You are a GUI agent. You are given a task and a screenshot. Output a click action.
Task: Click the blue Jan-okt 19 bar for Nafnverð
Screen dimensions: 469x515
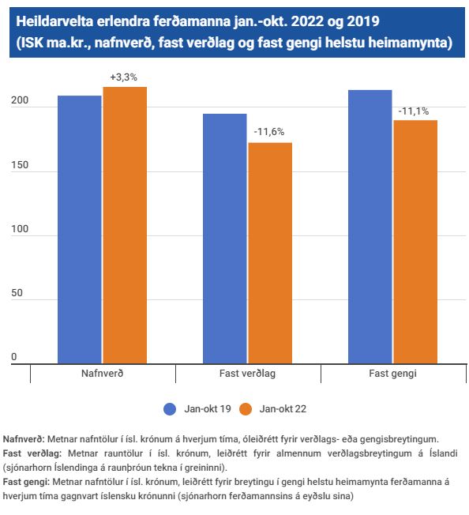tap(80, 230)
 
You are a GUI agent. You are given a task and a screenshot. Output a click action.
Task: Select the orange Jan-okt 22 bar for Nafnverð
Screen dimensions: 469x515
tap(125, 225)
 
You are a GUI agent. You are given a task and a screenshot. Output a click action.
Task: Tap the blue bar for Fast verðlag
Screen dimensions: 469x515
tap(225, 239)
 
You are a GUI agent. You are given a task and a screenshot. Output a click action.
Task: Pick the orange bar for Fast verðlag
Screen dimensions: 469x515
tap(270, 254)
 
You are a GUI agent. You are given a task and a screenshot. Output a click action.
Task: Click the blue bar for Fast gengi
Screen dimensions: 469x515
tap(370, 227)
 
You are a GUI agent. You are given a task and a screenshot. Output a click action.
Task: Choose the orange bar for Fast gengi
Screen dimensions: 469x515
tap(415, 242)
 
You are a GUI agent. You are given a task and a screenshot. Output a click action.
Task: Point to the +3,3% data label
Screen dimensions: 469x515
tap(123, 77)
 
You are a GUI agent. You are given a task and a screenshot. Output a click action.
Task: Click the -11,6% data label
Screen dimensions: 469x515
tap(268, 132)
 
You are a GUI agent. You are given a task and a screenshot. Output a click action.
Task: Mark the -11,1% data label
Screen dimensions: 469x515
tap(414, 111)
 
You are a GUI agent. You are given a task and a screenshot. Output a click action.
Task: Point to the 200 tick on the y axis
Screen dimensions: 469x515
tap(20, 100)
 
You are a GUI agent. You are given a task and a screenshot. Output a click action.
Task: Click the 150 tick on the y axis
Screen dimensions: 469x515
tap(20, 165)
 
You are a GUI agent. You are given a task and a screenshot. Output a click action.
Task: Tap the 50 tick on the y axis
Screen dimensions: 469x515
tap(17, 293)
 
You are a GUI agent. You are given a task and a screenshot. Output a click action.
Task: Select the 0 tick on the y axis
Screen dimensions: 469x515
tap(13, 357)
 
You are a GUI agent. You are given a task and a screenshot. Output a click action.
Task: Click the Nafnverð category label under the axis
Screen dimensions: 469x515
tap(103, 374)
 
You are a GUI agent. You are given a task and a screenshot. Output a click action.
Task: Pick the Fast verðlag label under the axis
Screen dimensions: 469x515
tap(247, 374)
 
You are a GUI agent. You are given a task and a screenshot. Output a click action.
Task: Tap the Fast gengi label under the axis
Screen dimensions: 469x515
tap(393, 374)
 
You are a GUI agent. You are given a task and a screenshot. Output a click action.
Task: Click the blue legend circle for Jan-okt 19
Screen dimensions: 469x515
tap(170, 409)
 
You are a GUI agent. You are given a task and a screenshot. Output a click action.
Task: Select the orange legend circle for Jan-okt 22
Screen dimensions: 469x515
tap(246, 409)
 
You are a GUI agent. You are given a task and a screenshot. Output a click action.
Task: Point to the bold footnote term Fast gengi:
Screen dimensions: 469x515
tap(26, 482)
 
